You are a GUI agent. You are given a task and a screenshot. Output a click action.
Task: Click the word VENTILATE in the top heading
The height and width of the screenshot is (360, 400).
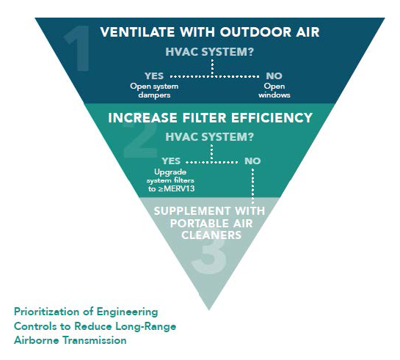click(137, 32)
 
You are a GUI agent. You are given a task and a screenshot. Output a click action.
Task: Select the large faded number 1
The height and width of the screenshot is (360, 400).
click(78, 48)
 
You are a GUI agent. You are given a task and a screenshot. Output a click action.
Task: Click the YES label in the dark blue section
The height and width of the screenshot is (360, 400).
click(154, 76)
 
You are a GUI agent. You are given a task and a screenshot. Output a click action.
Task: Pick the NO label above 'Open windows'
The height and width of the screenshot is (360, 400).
click(274, 76)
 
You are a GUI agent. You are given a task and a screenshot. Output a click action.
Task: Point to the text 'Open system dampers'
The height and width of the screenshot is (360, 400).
click(154, 90)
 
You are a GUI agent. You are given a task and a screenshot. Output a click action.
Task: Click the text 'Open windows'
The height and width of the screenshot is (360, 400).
click(274, 90)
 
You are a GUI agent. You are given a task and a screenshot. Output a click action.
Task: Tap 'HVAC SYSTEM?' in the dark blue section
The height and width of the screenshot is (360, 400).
click(209, 52)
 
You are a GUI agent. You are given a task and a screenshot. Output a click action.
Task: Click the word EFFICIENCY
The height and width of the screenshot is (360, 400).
click(272, 118)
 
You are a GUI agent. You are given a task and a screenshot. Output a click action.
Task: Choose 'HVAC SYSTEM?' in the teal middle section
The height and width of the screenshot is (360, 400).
click(209, 137)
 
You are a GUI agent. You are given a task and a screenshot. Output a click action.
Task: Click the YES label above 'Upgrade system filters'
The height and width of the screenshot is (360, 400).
click(171, 161)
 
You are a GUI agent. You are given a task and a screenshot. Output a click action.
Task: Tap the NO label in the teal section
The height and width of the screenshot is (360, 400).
click(252, 161)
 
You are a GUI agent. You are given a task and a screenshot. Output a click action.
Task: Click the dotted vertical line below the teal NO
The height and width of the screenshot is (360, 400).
click(252, 185)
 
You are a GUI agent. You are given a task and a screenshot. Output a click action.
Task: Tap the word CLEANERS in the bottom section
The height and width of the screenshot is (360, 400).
click(211, 235)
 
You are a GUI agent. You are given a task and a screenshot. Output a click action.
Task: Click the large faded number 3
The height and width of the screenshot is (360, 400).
click(209, 256)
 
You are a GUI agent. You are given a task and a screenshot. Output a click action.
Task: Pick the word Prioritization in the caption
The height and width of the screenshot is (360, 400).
click(47, 312)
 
